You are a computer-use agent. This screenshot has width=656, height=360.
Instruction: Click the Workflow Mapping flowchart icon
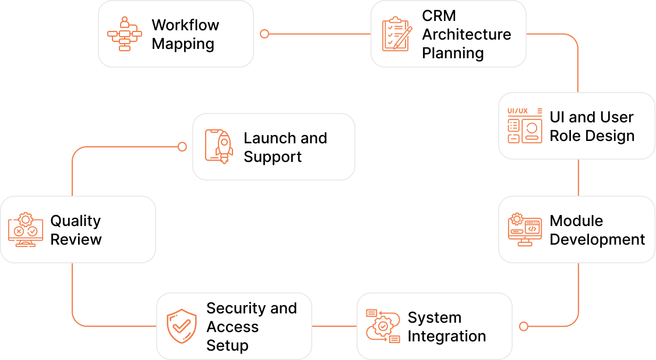point(124,34)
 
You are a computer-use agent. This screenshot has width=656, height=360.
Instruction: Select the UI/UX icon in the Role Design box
point(525,126)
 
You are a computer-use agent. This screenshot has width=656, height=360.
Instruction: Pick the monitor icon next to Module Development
point(525,230)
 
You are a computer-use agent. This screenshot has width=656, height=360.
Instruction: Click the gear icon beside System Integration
point(383,326)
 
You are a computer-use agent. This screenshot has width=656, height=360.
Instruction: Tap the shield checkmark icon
point(182,326)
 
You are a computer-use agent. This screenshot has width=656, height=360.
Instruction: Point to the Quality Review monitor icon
point(26,230)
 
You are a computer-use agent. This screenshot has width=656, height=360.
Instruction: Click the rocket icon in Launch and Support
point(219,147)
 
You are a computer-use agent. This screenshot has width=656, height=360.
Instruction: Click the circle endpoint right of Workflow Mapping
point(264,34)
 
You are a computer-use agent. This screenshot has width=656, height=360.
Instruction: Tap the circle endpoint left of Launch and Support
point(182,147)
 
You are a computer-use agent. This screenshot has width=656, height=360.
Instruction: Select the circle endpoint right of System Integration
point(523,326)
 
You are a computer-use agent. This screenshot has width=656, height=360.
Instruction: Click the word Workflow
point(185,25)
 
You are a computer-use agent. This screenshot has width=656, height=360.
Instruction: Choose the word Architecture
point(467,34)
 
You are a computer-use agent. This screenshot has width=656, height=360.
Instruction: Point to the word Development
point(597,239)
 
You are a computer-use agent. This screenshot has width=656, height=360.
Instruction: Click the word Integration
point(447,336)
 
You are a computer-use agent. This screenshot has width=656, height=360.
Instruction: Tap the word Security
point(237,308)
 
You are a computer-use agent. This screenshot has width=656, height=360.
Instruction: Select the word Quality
point(76,221)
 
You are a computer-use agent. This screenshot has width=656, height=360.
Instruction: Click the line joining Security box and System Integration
point(334,326)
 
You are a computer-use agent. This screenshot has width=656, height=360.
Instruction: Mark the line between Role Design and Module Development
point(578,178)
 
